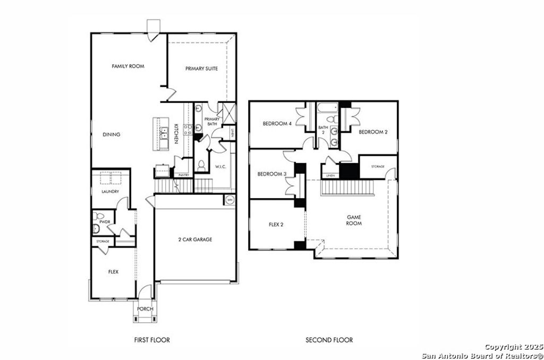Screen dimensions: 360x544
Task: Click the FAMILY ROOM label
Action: pos(128,66)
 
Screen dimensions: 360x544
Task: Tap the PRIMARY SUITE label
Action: pos(201,68)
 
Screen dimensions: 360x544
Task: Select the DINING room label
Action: pos(112,134)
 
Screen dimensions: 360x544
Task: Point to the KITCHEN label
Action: pos(176,133)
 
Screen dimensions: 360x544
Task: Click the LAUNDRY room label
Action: pos(110,191)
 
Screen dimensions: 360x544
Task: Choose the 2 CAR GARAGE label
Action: pos(195,239)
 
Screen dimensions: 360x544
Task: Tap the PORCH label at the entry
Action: pos(145,309)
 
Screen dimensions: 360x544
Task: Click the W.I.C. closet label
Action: pos(222,167)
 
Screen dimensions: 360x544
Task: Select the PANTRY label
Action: pos(184,175)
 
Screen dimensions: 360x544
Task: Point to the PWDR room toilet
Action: pos(97,229)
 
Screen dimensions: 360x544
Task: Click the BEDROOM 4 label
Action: pos(277,124)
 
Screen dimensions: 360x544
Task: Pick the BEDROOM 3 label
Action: pos(272,174)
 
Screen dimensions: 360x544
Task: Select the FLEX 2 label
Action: pos(276,225)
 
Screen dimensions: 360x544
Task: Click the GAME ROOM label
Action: pos(354,220)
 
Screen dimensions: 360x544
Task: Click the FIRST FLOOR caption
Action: pos(152,340)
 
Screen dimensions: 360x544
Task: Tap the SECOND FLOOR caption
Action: pos(329,340)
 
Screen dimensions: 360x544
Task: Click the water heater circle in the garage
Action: pos(229,200)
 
